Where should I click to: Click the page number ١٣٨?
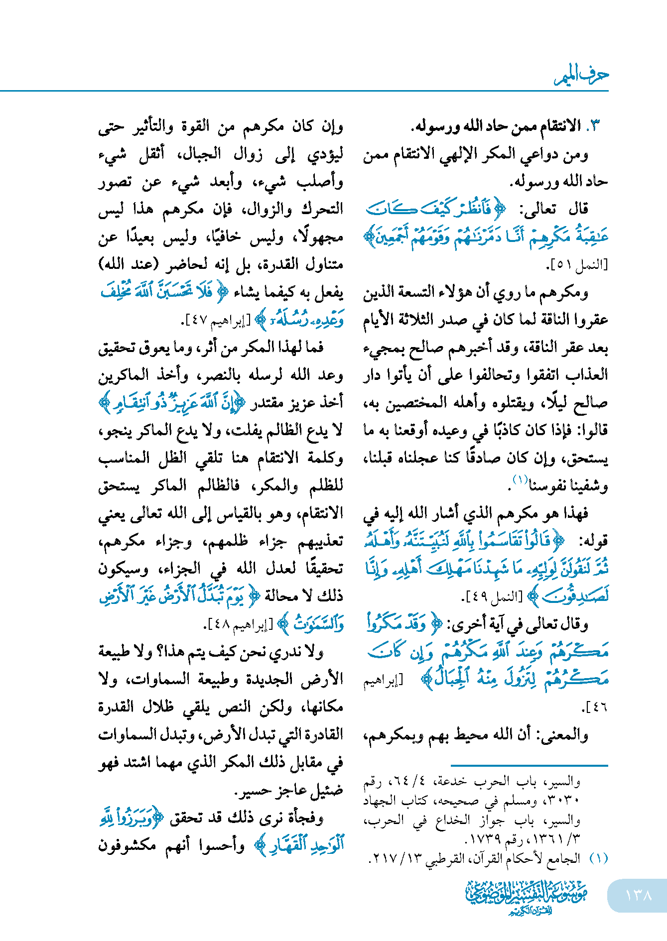pyautogui.click(x=638, y=895)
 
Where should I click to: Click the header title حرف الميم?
pyautogui.click(x=582, y=75)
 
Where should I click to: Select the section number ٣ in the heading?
pyautogui.click(x=596, y=126)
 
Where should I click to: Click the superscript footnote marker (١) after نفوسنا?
pyautogui.click(x=521, y=480)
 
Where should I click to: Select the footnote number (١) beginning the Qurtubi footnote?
pyautogui.click(x=598, y=858)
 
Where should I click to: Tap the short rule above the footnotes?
pyautogui.click(x=529, y=765)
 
